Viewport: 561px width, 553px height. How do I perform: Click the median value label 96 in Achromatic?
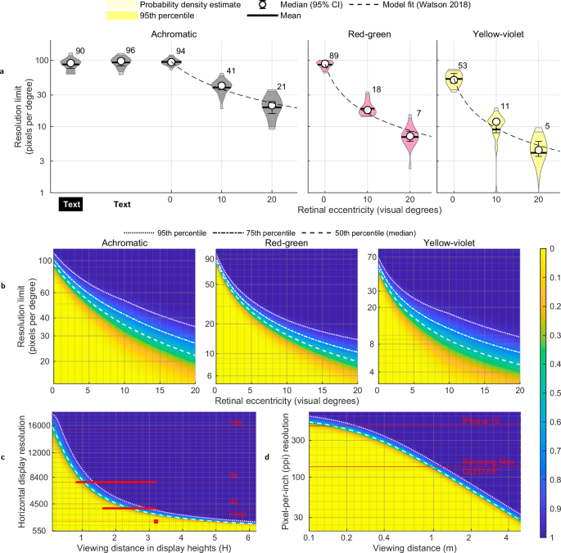coord(129,51)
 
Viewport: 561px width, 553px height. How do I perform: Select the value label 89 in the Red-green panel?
coord(334,56)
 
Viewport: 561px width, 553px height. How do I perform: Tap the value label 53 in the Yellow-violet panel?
coord(463,66)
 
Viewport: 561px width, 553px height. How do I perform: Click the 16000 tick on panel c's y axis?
coord(31,425)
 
